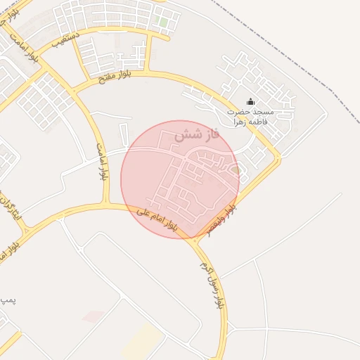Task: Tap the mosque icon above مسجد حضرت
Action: (251, 102)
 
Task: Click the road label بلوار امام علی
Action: (157, 219)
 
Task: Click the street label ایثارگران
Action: (9, 207)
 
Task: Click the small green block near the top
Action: (163, 22)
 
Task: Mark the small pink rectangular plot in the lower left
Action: (93, 316)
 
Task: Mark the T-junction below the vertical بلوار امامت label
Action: (106, 205)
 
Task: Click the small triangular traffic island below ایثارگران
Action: (25, 230)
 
